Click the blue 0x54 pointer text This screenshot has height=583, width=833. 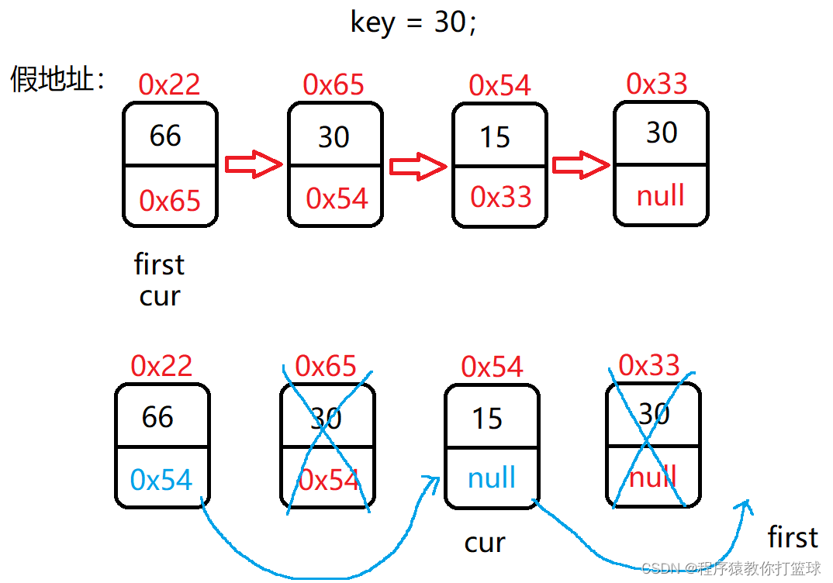tap(161, 480)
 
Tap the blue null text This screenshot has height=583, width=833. tap(492, 478)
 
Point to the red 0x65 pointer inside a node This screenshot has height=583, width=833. tap(170, 201)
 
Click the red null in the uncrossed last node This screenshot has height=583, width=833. tap(661, 196)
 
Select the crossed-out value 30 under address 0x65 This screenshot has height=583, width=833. tap(326, 419)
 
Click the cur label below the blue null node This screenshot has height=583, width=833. tap(486, 543)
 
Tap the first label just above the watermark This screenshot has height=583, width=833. tap(793, 536)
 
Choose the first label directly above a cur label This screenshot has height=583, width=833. tap(159, 264)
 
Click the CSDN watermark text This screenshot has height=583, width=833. tap(731, 568)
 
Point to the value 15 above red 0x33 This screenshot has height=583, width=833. tap(495, 137)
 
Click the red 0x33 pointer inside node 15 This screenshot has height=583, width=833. tap(501, 197)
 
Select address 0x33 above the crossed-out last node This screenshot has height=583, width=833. tap(649, 364)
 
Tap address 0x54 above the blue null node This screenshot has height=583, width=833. tap(492, 366)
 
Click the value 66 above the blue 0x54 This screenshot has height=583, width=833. tap(157, 417)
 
